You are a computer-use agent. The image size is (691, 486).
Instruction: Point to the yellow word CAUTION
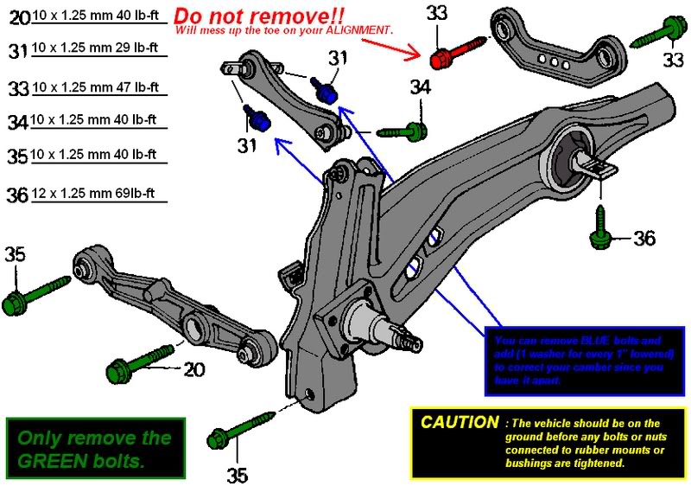click(x=459, y=423)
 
